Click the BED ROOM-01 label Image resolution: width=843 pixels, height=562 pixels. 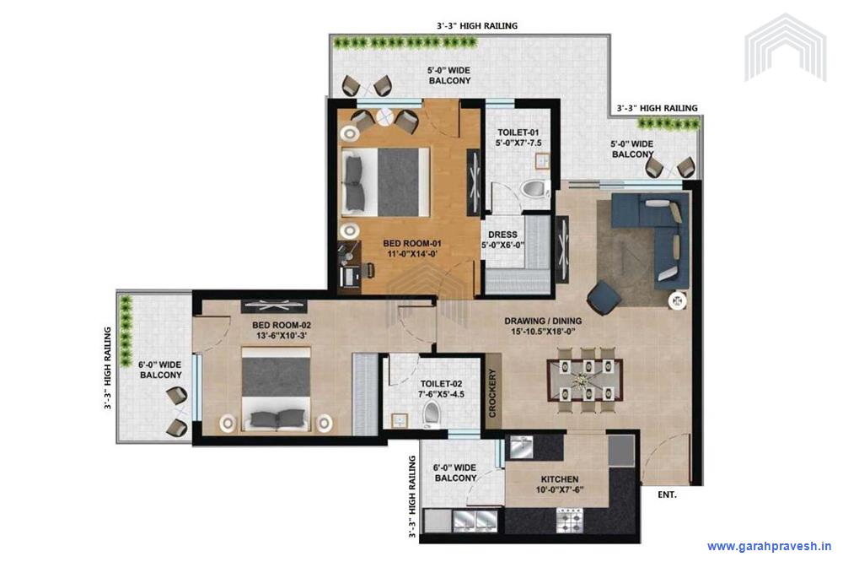[389, 244]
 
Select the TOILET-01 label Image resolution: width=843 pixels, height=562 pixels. [517, 132]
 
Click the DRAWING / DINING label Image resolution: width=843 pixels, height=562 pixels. [543, 322]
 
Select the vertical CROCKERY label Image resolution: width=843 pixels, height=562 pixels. [494, 393]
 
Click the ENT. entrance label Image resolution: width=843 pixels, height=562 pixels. [667, 495]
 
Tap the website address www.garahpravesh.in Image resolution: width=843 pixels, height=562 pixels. [769, 546]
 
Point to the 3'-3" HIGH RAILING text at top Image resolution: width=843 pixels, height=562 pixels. [477, 26]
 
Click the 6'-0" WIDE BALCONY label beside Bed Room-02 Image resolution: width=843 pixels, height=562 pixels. [160, 370]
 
